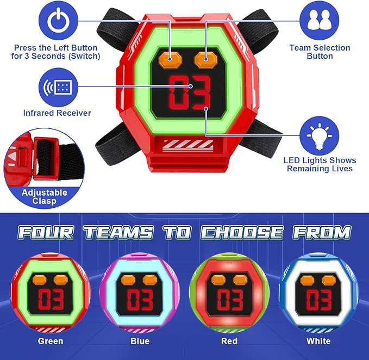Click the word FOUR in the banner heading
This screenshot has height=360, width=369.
(x=46, y=233)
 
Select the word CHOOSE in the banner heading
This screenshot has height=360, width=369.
(x=241, y=233)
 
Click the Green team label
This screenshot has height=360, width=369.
(x=51, y=341)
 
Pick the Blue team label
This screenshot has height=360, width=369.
(x=140, y=341)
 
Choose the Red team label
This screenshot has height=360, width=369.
(x=229, y=341)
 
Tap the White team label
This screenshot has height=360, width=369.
(x=318, y=341)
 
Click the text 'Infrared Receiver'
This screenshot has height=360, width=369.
(x=57, y=113)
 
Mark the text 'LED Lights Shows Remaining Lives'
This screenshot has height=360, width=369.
(x=320, y=164)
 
